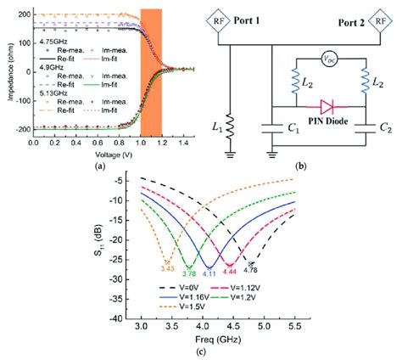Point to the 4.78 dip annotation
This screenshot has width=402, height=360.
(252, 270)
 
